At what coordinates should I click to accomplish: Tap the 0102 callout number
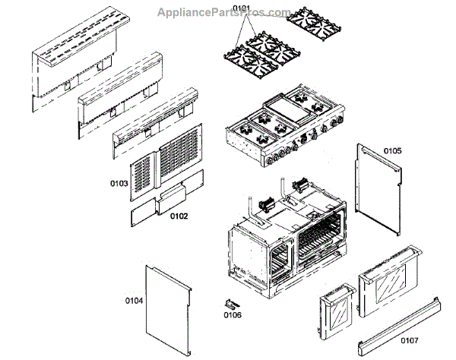coord(179,216)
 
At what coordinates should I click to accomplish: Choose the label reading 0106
coord(232,314)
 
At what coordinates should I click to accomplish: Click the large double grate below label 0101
coord(257,61)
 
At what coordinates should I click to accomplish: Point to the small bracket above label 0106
coord(230,302)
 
